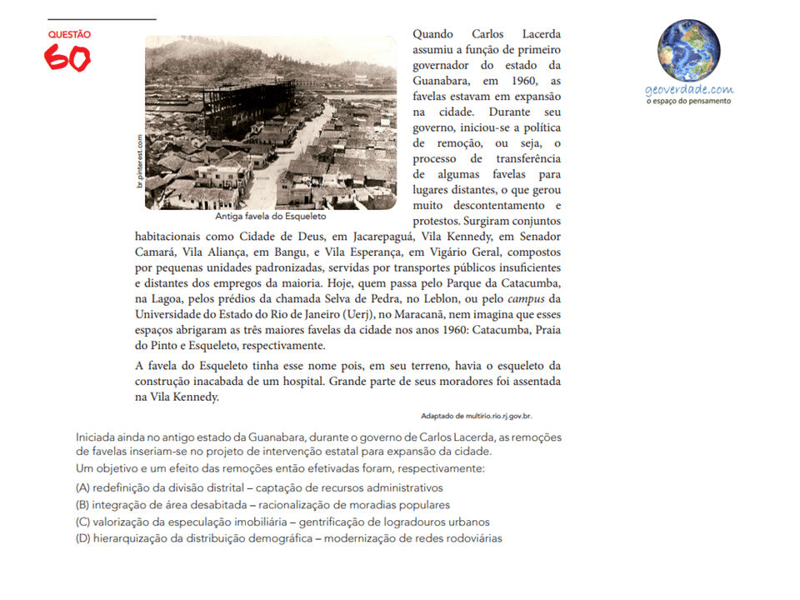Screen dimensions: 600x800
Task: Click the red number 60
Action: click(x=67, y=57)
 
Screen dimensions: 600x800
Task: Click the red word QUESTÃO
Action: click(x=69, y=35)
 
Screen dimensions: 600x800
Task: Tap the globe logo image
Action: click(x=688, y=51)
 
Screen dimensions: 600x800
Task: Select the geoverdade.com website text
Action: click(x=688, y=89)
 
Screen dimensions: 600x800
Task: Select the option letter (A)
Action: click(x=82, y=487)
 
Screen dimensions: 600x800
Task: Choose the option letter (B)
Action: click(x=82, y=504)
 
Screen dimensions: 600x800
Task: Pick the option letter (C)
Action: click(x=82, y=522)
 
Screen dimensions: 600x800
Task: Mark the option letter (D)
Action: click(x=82, y=538)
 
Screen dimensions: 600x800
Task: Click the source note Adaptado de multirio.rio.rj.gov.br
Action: click(x=476, y=415)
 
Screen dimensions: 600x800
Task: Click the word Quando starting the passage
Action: click(x=433, y=34)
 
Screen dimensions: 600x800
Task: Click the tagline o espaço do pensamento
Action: click(x=688, y=101)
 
